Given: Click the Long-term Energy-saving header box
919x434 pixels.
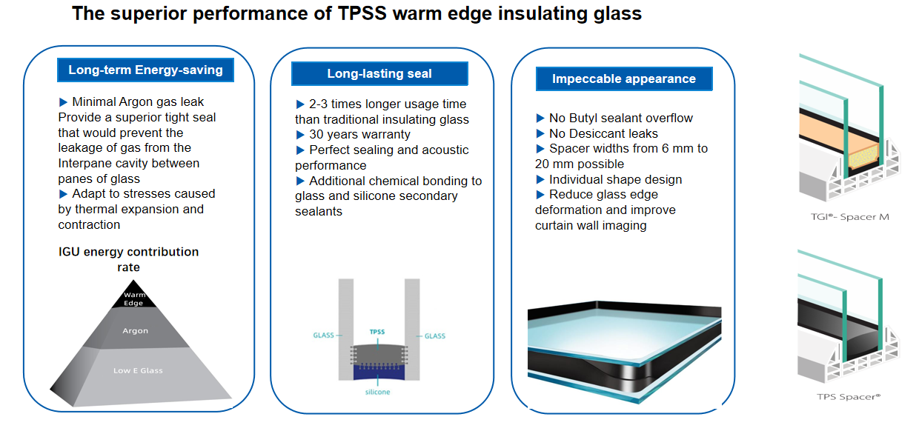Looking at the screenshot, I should coord(145,70).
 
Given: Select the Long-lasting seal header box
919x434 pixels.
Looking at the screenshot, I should coord(379,73).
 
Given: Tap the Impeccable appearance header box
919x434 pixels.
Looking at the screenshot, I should coord(623,79).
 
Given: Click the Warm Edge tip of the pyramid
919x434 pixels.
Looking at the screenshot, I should coord(133,298).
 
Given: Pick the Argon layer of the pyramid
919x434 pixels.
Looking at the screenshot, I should coord(135,331).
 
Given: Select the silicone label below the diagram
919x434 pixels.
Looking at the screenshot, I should coord(379,392).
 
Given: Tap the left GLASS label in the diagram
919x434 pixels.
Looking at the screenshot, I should coord(323,335).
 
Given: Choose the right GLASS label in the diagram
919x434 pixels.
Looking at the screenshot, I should coord(434,336).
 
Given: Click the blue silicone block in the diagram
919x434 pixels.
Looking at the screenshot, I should coord(379,370).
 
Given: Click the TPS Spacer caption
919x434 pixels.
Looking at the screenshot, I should coord(849,396).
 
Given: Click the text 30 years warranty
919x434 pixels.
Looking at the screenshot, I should coord(359,135).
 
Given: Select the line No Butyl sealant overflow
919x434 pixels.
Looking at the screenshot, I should coord(620,118).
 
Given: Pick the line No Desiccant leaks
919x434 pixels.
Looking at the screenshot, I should coord(603,133).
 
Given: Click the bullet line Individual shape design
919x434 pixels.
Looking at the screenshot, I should coord(614,179).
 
